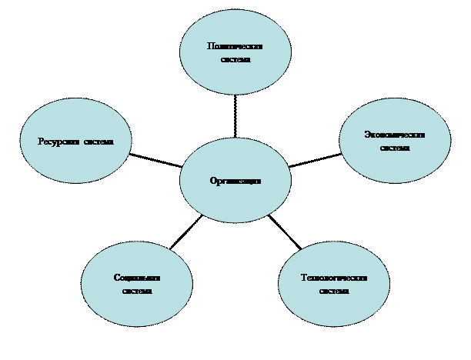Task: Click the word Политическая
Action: pyautogui.click(x=235, y=46)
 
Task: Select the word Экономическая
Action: pyautogui.click(x=395, y=135)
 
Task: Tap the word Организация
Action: pyautogui.click(x=235, y=182)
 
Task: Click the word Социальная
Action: pyautogui.click(x=137, y=278)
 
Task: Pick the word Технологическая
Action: pyautogui.click(x=334, y=278)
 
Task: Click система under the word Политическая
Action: pyautogui.click(x=235, y=59)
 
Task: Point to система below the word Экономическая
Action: pyautogui.click(x=395, y=148)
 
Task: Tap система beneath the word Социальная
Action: pyautogui.click(x=137, y=291)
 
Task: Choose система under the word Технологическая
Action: pyautogui.click(x=334, y=291)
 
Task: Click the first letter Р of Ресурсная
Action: pyautogui.click(x=41, y=142)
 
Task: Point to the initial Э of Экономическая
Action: pyautogui.click(x=366, y=135)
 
